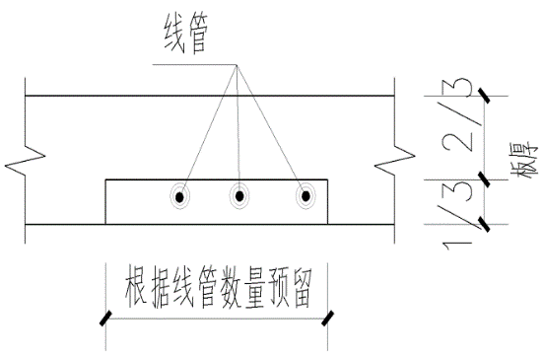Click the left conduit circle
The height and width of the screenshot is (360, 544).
(x=180, y=196)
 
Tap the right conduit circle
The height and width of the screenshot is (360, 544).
(x=306, y=196)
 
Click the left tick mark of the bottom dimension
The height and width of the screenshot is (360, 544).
(x=103, y=317)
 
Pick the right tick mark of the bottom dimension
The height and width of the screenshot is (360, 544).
(x=329, y=317)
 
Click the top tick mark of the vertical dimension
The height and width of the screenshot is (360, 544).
(x=485, y=95)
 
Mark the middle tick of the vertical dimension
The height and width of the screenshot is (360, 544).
(x=485, y=180)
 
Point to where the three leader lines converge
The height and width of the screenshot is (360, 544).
(x=237, y=66)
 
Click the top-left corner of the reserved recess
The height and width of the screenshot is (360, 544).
(x=105, y=180)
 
